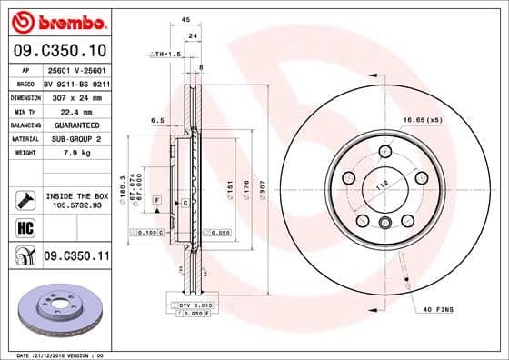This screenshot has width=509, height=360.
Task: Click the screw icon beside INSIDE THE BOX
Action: [x=24, y=198]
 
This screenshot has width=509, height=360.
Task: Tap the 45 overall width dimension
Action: [x=185, y=19]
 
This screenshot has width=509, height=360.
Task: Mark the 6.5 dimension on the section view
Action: [x=156, y=119]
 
